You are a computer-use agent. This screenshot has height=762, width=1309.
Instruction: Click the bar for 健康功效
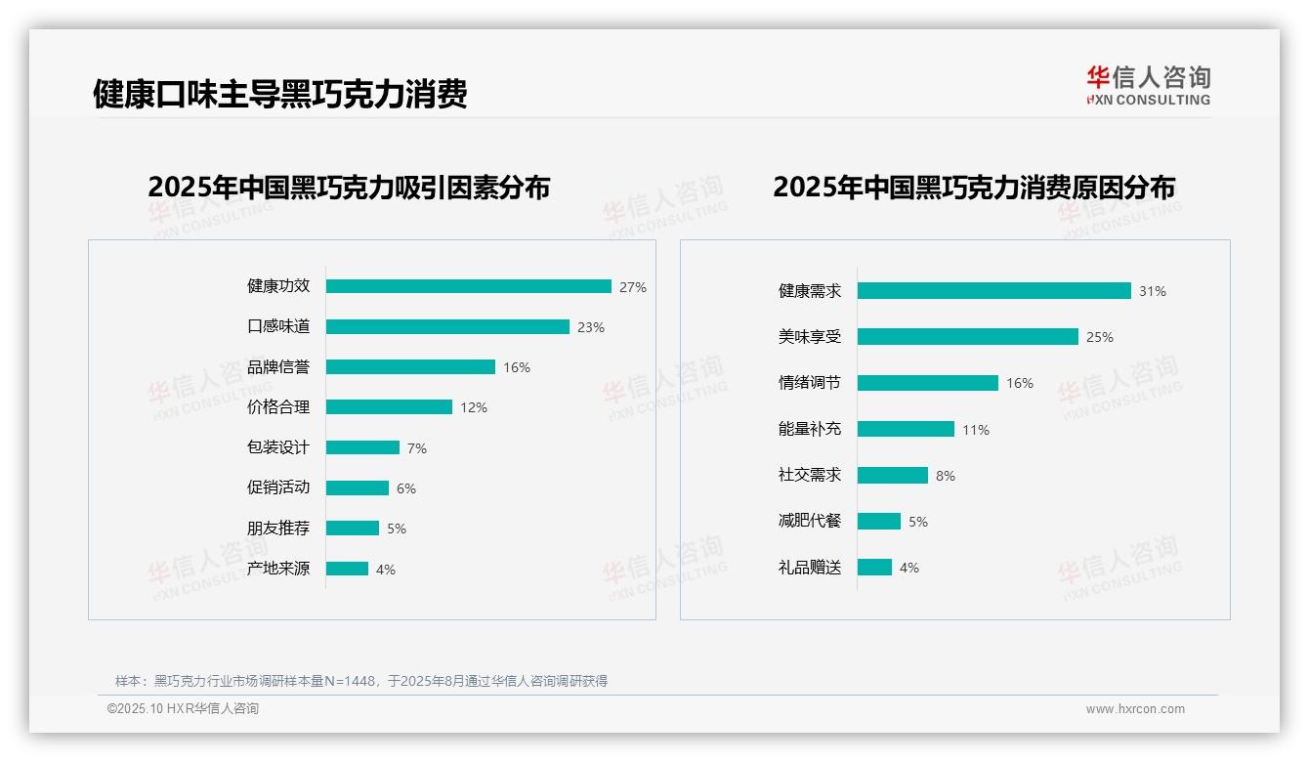point(468,286)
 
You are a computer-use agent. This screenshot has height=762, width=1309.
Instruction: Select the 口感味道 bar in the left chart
point(447,326)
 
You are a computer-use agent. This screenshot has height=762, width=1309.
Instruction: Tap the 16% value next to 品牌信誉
point(517,367)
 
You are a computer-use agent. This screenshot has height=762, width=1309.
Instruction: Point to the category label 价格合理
point(277,406)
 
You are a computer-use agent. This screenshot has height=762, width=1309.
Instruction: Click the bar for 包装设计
point(362,447)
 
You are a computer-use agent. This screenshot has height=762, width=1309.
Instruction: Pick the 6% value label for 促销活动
point(406,488)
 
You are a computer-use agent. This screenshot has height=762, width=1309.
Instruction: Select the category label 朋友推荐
point(277,529)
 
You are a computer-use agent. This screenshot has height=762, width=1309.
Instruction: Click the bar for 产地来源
point(347,569)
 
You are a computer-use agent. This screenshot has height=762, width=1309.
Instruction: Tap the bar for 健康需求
point(993,290)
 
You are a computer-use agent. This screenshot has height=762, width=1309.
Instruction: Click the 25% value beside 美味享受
point(1100,337)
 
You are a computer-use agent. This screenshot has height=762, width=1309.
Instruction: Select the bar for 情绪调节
point(927,383)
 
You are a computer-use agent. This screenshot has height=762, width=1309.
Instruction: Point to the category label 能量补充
point(809,429)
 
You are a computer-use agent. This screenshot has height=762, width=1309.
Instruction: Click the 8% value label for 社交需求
point(946,476)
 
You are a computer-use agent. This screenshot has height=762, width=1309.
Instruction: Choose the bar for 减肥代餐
point(878,522)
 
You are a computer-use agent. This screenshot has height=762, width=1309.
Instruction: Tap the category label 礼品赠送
point(809,568)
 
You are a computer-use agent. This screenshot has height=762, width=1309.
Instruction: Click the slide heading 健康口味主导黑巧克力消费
point(280,94)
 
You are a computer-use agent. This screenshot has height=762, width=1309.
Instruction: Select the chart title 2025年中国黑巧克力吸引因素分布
point(349,187)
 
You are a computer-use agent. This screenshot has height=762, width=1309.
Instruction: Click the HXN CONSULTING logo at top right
point(1148,85)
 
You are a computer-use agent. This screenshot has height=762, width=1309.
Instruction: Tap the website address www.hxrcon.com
point(1135,709)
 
